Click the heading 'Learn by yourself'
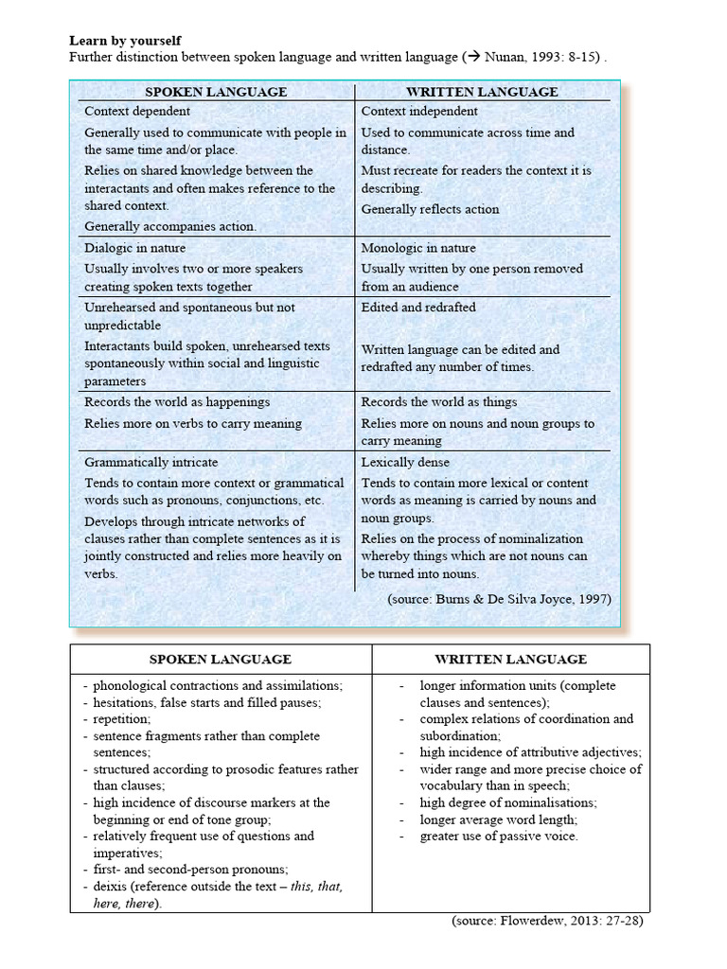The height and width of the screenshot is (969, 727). (x=125, y=42)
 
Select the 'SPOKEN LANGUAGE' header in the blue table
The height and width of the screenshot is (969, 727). (x=216, y=92)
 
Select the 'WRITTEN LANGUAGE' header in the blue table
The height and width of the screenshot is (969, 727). (x=482, y=92)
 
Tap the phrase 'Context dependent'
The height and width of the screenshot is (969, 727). (x=139, y=111)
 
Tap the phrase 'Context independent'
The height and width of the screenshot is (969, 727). (x=419, y=111)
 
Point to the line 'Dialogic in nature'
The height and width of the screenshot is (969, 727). (x=135, y=248)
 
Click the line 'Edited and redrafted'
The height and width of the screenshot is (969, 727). (x=418, y=308)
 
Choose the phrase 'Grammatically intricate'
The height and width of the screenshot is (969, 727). (x=151, y=463)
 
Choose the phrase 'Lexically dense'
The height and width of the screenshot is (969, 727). (x=405, y=463)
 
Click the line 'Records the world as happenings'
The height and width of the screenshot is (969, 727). (x=177, y=402)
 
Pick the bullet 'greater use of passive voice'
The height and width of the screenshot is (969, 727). (x=498, y=837)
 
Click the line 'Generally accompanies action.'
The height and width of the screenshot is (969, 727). (x=170, y=226)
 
